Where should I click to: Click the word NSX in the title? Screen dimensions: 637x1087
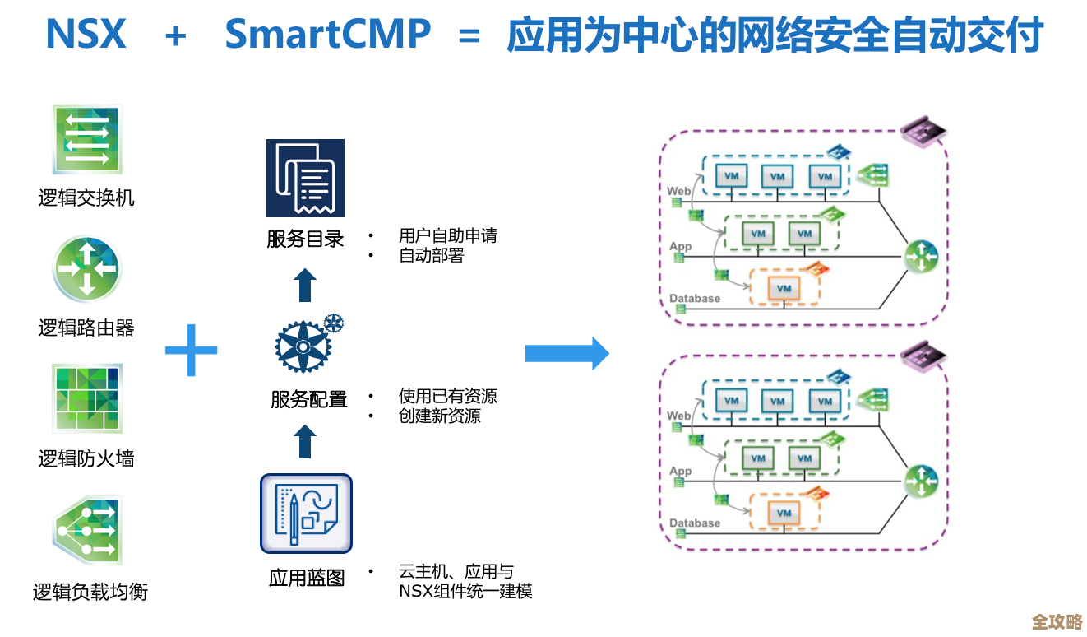86,35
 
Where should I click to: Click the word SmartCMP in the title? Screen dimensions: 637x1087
327,35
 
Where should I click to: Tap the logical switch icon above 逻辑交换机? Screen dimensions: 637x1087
86,139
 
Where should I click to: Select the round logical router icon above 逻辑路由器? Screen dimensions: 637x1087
86,269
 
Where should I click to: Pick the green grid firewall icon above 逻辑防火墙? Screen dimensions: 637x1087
86,398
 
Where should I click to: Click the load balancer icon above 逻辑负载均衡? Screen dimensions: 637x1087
86,530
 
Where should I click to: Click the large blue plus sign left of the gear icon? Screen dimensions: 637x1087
191,350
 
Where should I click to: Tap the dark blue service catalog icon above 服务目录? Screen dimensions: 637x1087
304,178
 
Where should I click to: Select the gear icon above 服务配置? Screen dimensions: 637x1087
306,344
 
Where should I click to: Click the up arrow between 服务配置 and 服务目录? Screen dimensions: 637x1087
305,284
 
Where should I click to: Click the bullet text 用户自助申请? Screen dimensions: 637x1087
447,236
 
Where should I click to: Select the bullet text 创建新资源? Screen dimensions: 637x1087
439,416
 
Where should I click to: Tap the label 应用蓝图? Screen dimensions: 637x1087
306,579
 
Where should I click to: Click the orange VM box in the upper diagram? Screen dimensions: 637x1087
784,288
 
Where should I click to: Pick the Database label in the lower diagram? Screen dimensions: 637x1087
694,523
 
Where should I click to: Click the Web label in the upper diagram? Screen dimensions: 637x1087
678,191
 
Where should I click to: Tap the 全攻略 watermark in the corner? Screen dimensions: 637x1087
1057,621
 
